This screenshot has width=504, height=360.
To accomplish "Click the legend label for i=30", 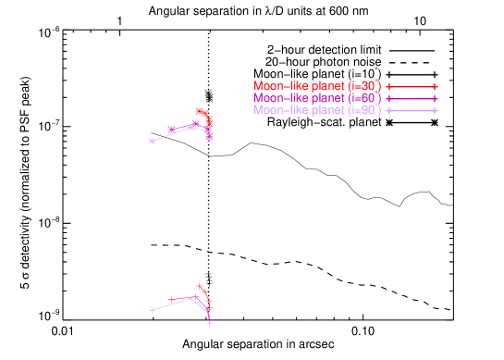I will [317, 86].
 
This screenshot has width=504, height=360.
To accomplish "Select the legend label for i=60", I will [317, 98].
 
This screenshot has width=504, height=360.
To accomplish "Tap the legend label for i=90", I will [317, 110].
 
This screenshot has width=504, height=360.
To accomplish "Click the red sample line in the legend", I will [412, 86].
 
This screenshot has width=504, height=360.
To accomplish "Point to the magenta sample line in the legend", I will [412, 98].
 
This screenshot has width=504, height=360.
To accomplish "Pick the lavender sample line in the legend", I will [412, 110].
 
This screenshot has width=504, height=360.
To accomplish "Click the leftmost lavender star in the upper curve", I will [152, 142].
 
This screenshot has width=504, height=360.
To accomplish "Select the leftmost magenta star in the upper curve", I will [171, 130].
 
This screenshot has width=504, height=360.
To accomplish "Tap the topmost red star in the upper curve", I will [199, 111].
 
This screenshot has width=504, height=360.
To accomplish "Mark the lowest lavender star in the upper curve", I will [209, 141].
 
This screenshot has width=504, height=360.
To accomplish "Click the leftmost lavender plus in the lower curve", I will [152, 310].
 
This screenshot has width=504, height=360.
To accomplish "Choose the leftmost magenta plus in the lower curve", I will [172, 299].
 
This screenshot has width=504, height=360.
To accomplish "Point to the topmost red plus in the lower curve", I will [199, 286].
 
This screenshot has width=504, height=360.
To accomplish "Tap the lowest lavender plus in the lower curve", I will [210, 324].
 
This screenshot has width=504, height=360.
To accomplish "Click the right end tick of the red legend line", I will [435, 86].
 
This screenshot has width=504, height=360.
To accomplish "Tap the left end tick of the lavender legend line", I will [388, 110].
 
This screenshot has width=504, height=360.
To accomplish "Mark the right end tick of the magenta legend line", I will [435, 98].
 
